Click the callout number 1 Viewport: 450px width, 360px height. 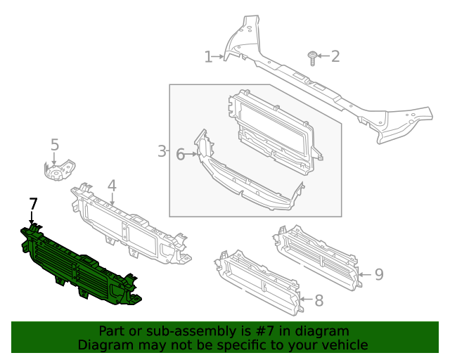tap(208, 57)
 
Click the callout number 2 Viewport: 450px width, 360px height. tap(335, 56)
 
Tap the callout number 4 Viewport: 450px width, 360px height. tap(111, 186)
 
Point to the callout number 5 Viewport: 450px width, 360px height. tap(55, 145)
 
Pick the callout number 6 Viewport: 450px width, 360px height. tap(180, 154)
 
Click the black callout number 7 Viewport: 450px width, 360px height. tap(32, 205)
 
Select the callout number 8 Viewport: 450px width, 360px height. tap(319, 301)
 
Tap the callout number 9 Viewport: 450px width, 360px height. tap(378, 274)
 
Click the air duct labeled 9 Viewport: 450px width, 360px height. tap(320, 257)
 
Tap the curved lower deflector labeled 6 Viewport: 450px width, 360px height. tap(246, 186)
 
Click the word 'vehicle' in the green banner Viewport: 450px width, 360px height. tap(343, 345)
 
